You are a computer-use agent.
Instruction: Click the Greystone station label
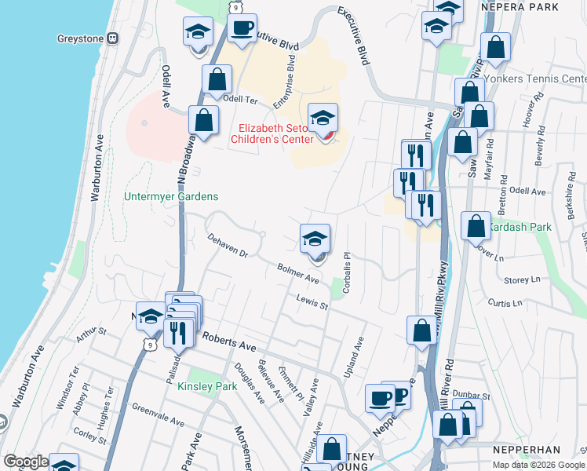[x=82, y=38]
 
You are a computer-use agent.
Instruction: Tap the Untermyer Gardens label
[x=171, y=196]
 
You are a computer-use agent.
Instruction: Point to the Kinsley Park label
[x=206, y=386]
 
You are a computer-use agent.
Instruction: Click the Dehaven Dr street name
[x=228, y=245]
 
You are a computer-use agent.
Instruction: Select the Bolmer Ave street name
[x=297, y=274]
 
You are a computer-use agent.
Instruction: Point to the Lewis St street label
[x=312, y=301]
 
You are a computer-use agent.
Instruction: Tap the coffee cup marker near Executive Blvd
[x=242, y=30]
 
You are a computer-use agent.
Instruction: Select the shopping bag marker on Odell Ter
[x=217, y=79]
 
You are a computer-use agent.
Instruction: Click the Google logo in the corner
[x=25, y=462]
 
